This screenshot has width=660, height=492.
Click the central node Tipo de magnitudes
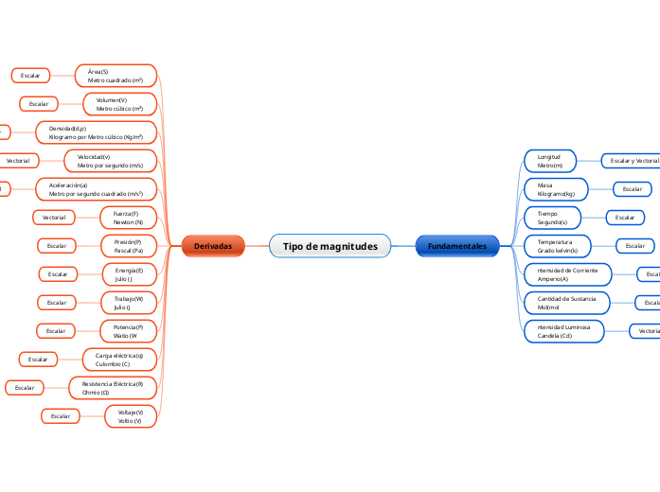330,246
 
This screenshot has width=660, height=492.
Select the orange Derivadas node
213,246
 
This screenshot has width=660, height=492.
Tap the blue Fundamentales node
457,246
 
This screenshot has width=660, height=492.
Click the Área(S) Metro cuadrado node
116,76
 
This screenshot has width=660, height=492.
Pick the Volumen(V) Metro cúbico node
120,104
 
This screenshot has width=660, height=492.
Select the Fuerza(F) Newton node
129,218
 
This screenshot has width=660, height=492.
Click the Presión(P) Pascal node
129,246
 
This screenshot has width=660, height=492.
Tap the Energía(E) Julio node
129,274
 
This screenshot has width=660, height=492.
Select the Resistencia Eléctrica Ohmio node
113,387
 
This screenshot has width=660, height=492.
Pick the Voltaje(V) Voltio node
131,415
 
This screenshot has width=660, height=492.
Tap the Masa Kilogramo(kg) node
556,189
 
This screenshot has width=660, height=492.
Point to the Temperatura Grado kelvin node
558,246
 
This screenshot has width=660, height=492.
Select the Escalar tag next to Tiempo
625,218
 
